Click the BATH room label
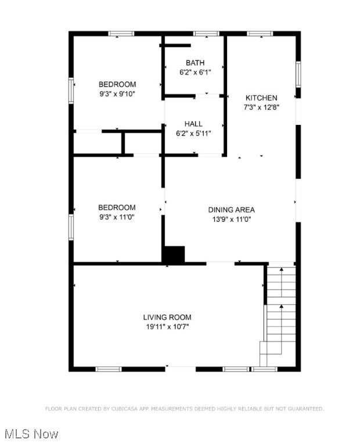point(195,63)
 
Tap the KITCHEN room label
point(261,98)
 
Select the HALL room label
point(193,124)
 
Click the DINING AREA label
point(232,210)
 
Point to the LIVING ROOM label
point(167,317)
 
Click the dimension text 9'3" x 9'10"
point(117,93)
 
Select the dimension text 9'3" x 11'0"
point(117,217)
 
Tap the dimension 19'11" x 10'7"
point(167,326)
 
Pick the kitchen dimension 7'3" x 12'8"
point(261,107)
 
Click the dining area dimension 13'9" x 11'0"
point(232,219)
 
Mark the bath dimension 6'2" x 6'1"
point(195,72)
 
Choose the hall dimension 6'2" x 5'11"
point(193,133)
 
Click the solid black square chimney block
point(173,254)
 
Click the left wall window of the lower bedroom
point(71,226)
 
